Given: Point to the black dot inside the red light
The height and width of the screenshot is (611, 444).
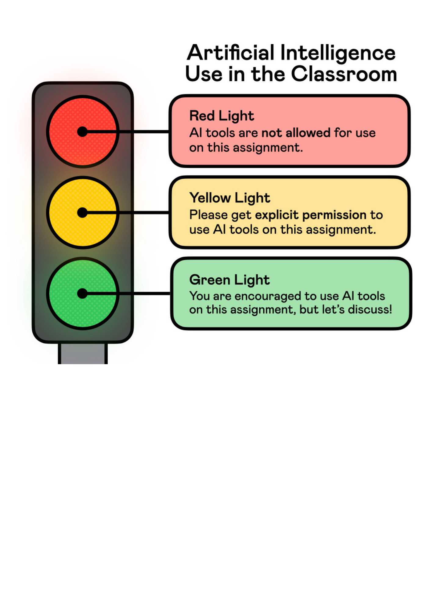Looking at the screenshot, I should pos(82,132).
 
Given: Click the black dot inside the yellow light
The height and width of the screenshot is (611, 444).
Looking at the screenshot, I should pos(82,213).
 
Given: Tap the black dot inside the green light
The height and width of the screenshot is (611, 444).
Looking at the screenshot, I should pos(82,294).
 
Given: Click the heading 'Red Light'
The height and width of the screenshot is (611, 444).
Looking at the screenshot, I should pos(222,116).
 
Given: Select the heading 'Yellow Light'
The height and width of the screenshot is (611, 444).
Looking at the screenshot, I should pos(229,198).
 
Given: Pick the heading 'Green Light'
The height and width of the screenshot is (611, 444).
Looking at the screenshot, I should pos(229,280).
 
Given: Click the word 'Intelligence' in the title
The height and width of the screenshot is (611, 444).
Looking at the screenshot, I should pos(338,53).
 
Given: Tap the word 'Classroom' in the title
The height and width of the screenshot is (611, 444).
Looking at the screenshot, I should pos(344,74).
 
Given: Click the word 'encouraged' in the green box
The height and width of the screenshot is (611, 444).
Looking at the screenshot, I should pos(268,296).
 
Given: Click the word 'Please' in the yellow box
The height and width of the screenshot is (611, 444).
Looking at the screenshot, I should pos(208,215).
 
